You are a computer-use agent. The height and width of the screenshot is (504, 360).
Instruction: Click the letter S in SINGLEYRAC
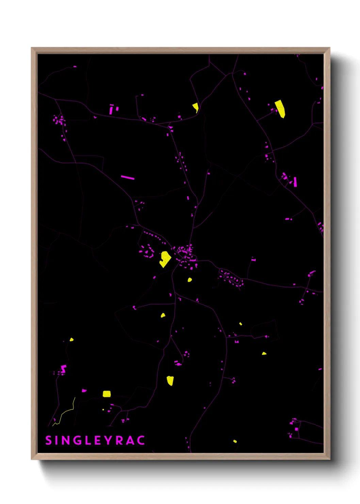(x=48, y=440)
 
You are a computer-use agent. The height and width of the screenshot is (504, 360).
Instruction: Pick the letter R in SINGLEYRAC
(x=119, y=440)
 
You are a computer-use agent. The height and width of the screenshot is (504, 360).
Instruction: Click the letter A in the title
(x=130, y=440)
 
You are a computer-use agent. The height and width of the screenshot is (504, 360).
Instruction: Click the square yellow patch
(x=107, y=394)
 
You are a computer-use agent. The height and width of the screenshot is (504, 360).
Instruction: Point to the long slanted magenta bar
(x=128, y=177)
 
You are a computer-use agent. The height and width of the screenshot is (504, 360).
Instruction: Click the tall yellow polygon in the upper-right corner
(x=280, y=109)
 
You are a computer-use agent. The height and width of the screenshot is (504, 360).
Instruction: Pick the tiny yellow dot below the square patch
(x=103, y=410)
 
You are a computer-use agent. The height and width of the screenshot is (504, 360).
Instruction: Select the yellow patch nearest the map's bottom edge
(x=235, y=441)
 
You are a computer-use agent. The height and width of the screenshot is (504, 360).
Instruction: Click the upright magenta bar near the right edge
(x=295, y=182)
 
